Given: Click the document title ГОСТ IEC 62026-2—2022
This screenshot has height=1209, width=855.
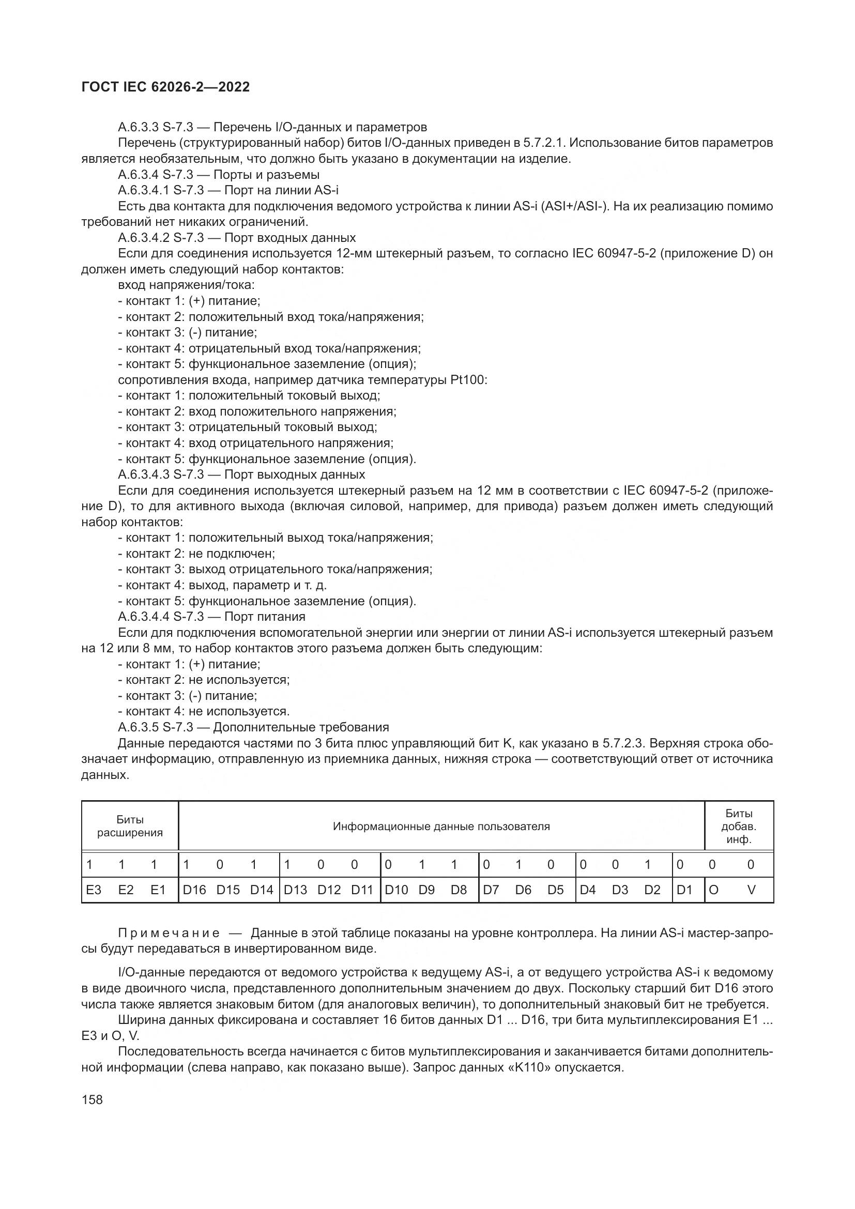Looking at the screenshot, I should pyautogui.click(x=165, y=87).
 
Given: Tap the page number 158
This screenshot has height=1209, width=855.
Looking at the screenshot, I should pyautogui.click(x=92, y=1099).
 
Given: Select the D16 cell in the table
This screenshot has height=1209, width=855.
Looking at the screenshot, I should pyautogui.click(x=194, y=890).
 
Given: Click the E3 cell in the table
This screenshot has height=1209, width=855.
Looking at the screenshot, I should pyautogui.click(x=94, y=890).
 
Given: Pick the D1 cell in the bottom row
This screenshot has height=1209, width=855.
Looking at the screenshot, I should pyautogui.click(x=684, y=890).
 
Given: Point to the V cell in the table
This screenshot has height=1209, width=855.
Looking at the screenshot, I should pyautogui.click(x=751, y=890).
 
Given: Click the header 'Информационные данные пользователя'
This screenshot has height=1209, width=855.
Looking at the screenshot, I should pyautogui.click(x=441, y=826).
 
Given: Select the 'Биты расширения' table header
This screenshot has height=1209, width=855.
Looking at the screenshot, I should pyautogui.click(x=130, y=826).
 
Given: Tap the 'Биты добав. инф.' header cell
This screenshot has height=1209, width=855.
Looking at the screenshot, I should pyautogui.click(x=739, y=826).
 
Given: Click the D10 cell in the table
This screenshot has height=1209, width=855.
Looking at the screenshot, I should pyautogui.click(x=396, y=890).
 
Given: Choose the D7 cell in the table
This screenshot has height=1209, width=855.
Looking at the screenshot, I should pyautogui.click(x=491, y=890).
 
